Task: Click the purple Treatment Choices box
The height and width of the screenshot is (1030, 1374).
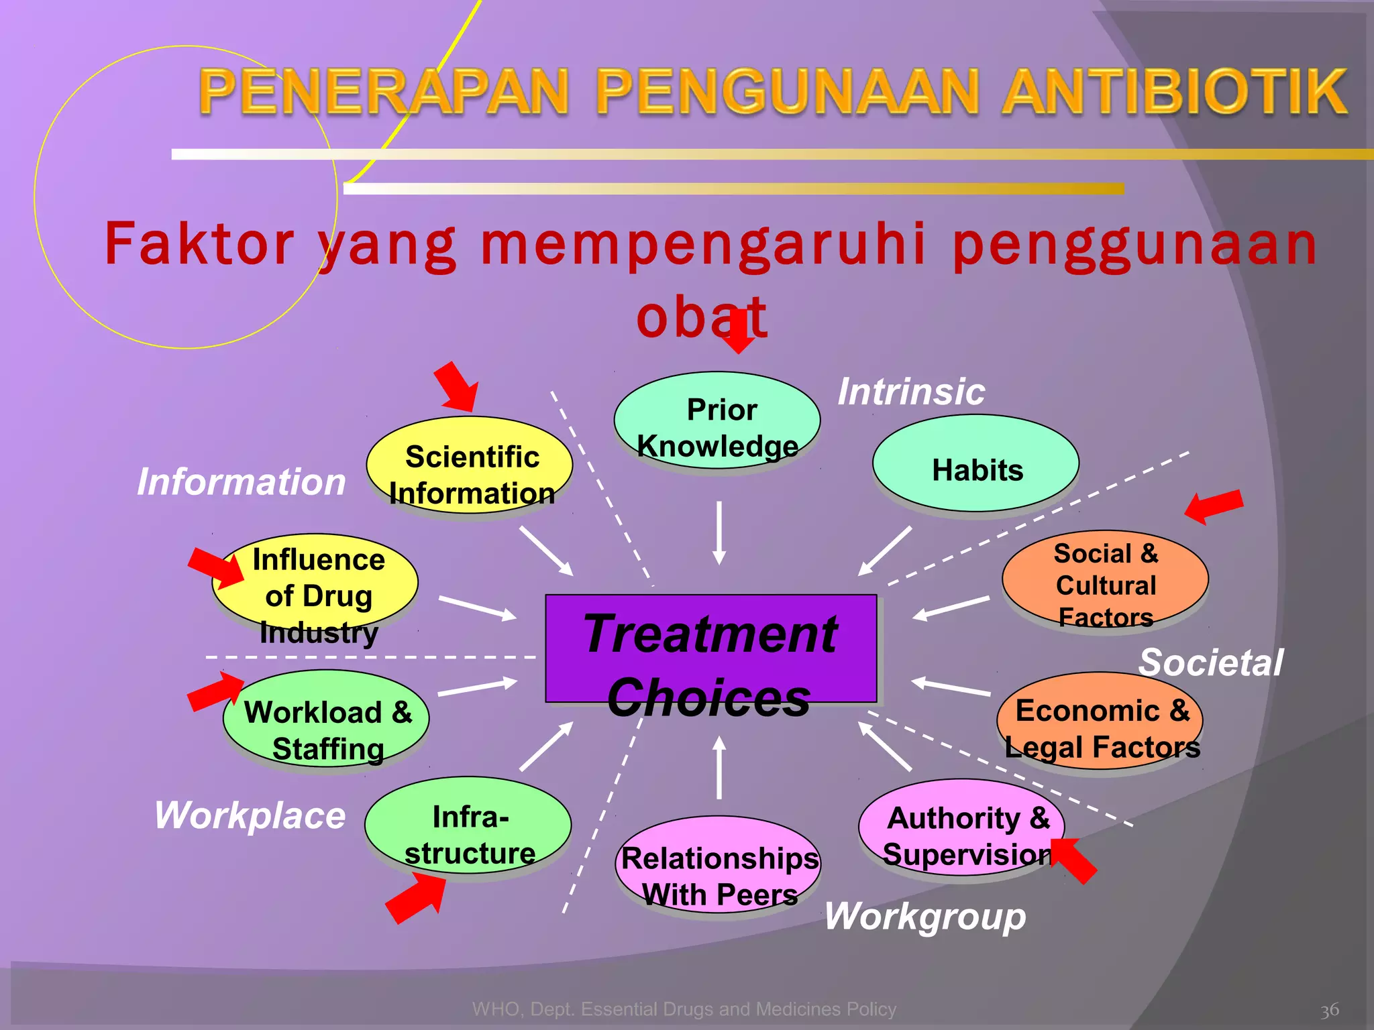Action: point(710,648)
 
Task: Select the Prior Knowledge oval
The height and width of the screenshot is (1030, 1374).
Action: point(717,420)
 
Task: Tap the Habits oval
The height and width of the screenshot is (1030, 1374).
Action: point(975,464)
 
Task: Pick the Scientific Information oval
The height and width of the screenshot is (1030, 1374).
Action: point(470,465)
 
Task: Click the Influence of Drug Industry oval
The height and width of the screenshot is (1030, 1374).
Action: point(315,582)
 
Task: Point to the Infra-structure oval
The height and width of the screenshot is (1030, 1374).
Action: point(468,826)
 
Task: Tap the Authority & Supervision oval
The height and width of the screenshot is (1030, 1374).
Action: point(961,828)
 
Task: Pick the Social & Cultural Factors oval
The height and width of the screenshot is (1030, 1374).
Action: point(1105,581)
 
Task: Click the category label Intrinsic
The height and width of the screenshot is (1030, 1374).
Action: point(911,392)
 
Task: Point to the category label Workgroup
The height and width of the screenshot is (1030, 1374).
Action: point(925,916)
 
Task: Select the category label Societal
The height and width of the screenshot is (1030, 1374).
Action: point(1211,663)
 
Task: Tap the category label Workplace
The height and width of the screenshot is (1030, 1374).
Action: point(250,815)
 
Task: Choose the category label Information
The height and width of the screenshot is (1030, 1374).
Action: point(242,481)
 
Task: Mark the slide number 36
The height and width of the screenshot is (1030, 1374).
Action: point(1329,1010)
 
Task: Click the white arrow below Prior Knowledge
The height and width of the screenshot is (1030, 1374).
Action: point(719,532)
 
